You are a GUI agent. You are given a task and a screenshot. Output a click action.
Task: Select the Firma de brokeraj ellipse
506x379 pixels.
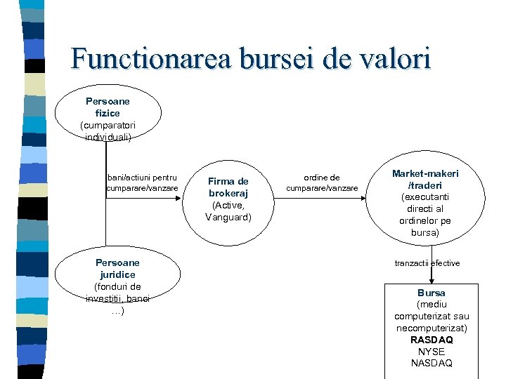pyautogui.click(x=228, y=199)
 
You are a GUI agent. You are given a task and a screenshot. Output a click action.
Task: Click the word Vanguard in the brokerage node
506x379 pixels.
pyautogui.click(x=228, y=217)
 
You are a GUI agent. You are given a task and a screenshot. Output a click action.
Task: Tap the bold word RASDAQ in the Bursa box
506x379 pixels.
pyautogui.click(x=432, y=340)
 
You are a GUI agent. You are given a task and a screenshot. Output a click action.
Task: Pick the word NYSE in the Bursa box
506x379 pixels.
pyautogui.click(x=432, y=352)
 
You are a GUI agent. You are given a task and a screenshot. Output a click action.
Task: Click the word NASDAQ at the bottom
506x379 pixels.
pyautogui.click(x=432, y=363)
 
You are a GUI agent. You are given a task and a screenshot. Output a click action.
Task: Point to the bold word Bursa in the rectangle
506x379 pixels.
pyautogui.click(x=432, y=293)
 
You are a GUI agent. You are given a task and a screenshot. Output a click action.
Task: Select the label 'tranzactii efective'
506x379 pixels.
pyautogui.click(x=427, y=262)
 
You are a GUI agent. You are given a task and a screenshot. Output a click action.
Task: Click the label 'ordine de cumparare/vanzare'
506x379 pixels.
pyautogui.click(x=322, y=183)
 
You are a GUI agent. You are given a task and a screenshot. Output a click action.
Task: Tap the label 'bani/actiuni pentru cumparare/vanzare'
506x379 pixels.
pyautogui.click(x=143, y=182)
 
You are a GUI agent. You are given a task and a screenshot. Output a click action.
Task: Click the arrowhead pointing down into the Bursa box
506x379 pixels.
pyautogui.click(x=432, y=279)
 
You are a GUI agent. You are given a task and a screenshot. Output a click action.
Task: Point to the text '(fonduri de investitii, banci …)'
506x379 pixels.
pyautogui.click(x=117, y=298)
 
